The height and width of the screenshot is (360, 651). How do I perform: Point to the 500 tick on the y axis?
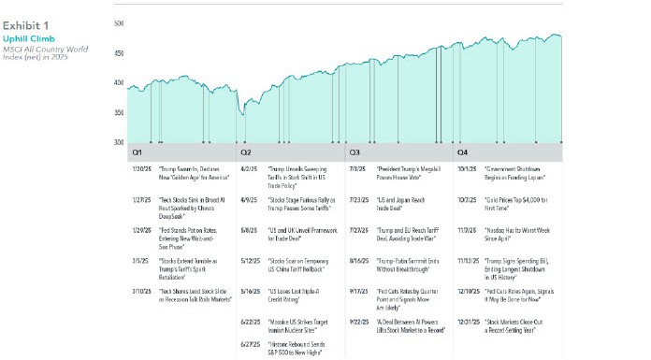[x=119, y=22]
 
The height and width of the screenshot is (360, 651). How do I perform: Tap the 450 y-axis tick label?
[x=119, y=52]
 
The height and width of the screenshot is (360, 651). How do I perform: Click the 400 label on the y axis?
[x=119, y=82]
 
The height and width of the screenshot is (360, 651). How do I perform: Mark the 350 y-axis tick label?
[x=119, y=112]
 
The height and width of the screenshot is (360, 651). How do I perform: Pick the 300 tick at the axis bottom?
[x=119, y=142]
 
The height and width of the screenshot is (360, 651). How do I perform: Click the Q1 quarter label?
[x=137, y=151]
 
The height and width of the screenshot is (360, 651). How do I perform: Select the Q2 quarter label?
[x=246, y=151]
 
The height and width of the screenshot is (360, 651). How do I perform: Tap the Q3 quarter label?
[x=355, y=151]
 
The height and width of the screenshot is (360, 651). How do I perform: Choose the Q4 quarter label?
[x=463, y=151]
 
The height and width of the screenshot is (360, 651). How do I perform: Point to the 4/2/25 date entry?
[x=249, y=171]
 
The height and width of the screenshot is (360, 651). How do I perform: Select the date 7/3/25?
[x=357, y=171]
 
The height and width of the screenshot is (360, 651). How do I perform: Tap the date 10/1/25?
[x=466, y=171]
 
